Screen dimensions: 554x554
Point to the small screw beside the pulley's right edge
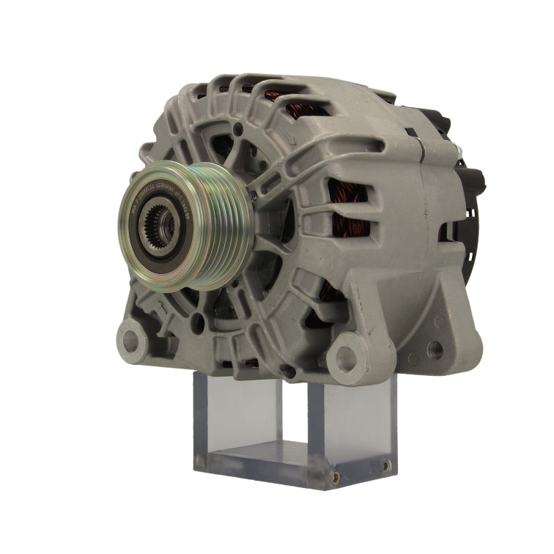point(254,196)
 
